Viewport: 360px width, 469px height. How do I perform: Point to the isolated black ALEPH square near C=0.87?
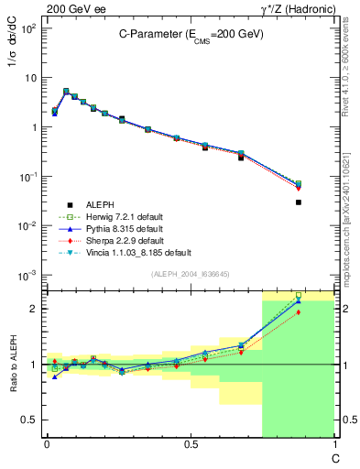coord(299,202)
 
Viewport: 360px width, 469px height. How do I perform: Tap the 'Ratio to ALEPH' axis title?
coord(16,365)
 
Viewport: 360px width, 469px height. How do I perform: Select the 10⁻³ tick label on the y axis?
coord(28,275)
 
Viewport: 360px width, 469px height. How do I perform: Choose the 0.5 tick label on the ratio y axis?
coord(30,420)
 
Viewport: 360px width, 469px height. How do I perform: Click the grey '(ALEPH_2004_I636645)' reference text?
coord(190,273)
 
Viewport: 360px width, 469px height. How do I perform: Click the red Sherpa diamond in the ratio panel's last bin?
coord(299,312)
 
